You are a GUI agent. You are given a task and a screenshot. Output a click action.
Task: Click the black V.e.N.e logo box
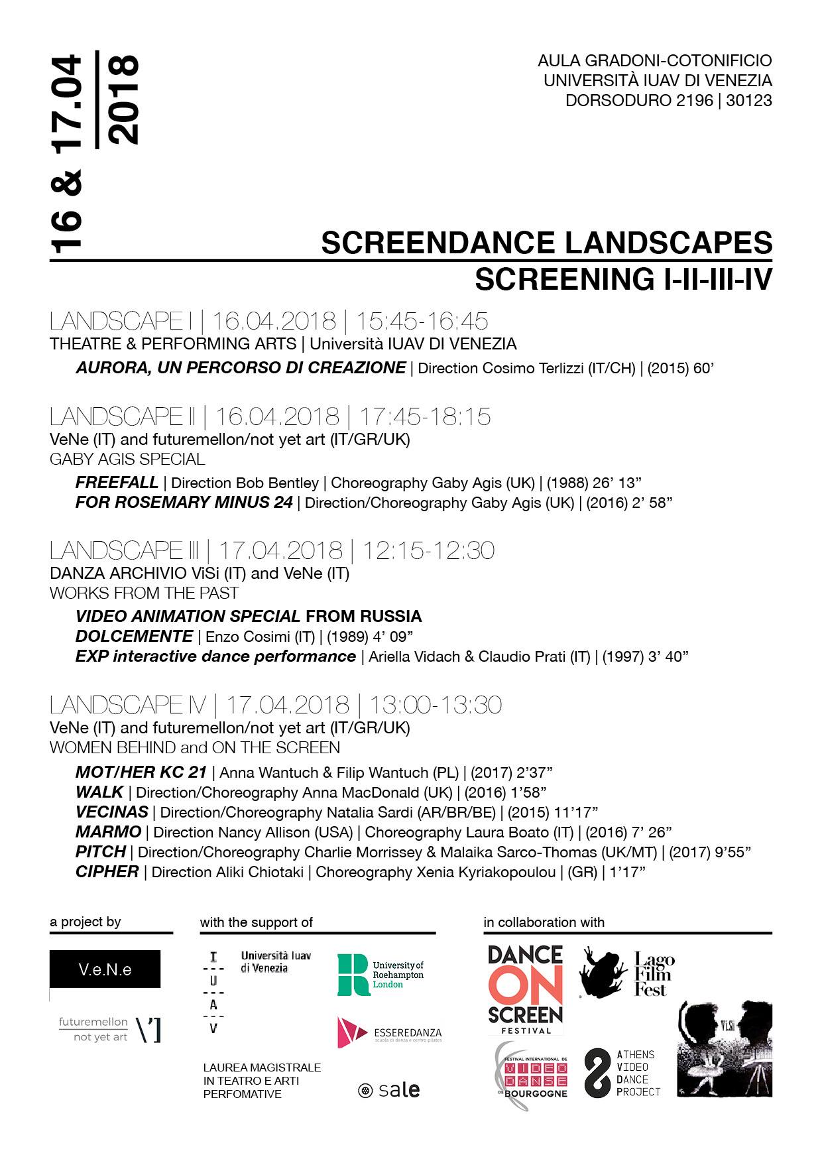coord(105,969)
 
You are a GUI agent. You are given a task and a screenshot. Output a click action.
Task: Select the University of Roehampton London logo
coord(380,975)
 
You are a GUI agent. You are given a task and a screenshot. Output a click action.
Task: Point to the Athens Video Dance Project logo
coord(621,1072)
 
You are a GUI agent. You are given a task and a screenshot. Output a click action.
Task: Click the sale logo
coord(388,1090)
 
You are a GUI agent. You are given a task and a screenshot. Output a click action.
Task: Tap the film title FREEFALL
coord(117,482)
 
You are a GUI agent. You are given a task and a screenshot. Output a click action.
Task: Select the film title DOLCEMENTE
coord(134,636)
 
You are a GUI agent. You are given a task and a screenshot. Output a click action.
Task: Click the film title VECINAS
coord(111,812)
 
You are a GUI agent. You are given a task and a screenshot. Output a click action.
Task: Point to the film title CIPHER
coord(107,871)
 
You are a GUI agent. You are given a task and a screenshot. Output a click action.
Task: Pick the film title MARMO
coord(108,831)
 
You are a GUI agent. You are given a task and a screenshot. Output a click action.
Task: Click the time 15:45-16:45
coord(422,321)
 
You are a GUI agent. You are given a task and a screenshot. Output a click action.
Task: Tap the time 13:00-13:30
coord(435,704)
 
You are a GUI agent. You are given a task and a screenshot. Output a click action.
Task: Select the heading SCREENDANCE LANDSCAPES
coord(546,243)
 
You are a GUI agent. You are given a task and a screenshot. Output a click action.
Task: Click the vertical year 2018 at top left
coord(123,99)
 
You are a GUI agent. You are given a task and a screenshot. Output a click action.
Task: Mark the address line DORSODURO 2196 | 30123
coord(668,101)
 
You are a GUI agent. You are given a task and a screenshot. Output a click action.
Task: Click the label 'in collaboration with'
coord(544,922)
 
